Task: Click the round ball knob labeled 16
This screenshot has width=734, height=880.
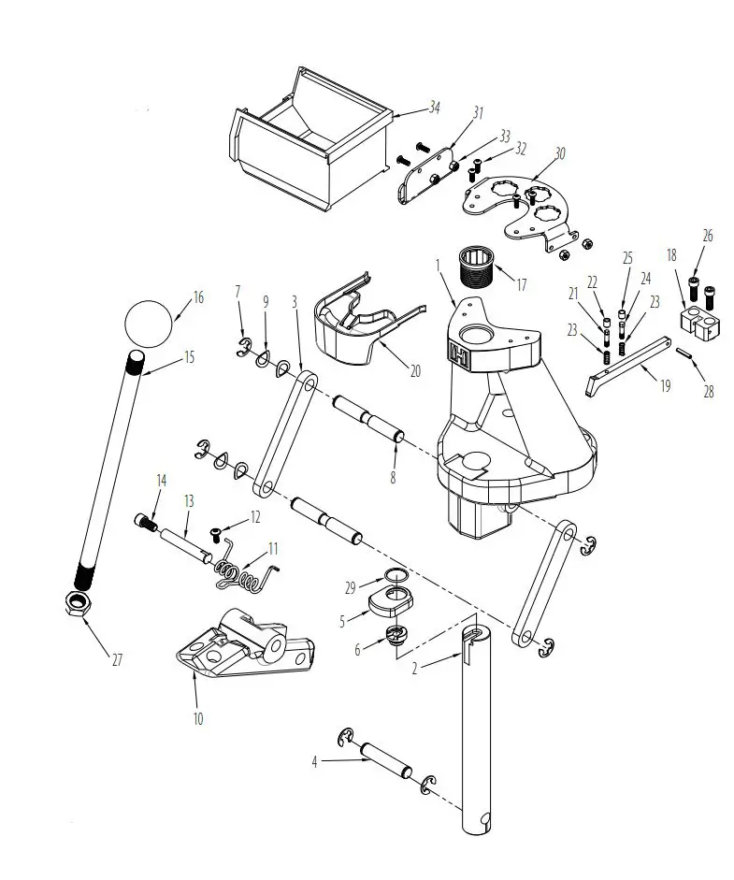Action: pyautogui.click(x=149, y=323)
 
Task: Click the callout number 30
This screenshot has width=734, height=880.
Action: pyautogui.click(x=560, y=153)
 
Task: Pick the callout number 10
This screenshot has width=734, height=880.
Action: pyautogui.click(x=197, y=718)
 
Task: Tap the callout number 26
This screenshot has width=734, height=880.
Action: pyautogui.click(x=708, y=237)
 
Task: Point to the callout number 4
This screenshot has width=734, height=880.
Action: pyautogui.click(x=315, y=762)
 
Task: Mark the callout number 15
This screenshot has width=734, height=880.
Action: pyautogui.click(x=190, y=356)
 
